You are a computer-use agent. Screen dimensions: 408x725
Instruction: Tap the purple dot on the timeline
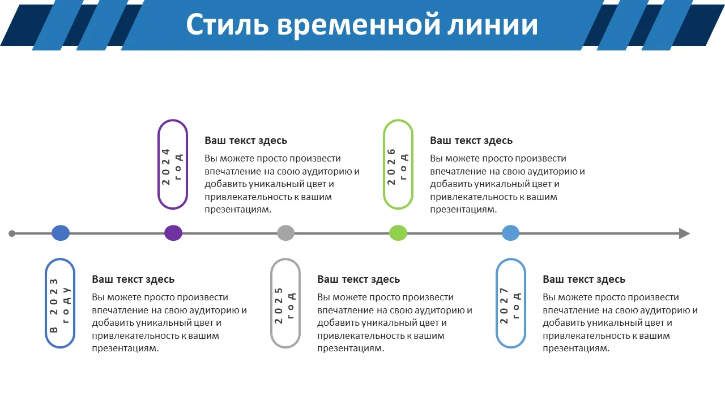[173, 233]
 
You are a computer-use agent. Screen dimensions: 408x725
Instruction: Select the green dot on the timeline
[398, 233]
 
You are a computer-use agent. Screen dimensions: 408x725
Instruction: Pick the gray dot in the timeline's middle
[286, 233]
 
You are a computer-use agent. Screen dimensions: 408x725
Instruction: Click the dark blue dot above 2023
[61, 233]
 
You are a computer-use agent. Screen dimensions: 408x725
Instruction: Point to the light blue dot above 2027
[510, 233]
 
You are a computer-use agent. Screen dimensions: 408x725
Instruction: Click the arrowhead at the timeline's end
[684, 233]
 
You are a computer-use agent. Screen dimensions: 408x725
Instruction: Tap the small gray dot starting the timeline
[12, 233]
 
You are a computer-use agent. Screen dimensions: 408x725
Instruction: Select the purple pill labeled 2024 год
[173, 164]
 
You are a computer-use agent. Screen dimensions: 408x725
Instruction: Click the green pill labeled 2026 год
[398, 164]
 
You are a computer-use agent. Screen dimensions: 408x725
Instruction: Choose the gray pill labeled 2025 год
[285, 303]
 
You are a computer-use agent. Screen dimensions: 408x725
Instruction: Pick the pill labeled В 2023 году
[60, 303]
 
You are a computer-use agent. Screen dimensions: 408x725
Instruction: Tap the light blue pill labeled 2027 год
[511, 303]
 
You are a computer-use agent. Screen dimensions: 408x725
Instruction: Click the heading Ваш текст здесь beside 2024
[246, 141]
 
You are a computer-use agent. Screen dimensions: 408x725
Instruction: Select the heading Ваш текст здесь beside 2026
[471, 141]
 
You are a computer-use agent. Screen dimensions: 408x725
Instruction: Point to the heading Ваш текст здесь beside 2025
[359, 279]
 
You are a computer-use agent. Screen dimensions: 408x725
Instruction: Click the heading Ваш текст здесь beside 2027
[584, 279]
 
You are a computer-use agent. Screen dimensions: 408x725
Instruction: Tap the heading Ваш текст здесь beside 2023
[133, 279]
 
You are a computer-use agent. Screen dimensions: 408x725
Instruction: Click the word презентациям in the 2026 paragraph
[463, 210]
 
